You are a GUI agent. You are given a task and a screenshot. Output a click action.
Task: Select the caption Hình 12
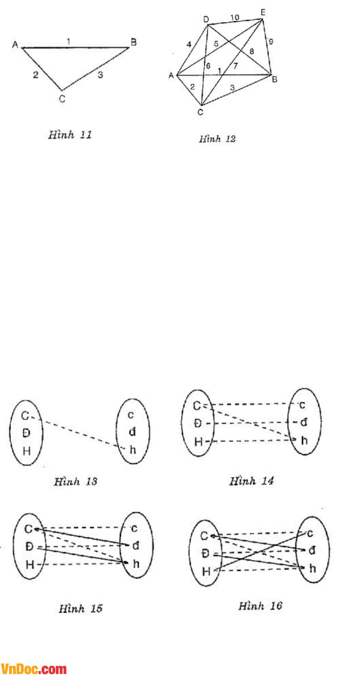(x=217, y=139)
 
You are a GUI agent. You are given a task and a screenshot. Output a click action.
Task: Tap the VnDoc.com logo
(x=34, y=669)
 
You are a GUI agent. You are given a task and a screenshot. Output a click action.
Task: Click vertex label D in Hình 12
(x=206, y=19)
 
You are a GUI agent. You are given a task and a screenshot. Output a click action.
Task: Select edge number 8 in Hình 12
(x=251, y=51)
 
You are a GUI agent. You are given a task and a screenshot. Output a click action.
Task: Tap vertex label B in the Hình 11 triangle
(x=134, y=42)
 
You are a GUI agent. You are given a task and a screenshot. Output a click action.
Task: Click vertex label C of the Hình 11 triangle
(x=62, y=98)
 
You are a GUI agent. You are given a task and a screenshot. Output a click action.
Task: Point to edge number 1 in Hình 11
(x=68, y=41)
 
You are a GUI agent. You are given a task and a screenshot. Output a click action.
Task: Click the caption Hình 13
(x=76, y=481)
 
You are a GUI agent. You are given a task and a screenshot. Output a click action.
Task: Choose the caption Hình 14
(x=252, y=481)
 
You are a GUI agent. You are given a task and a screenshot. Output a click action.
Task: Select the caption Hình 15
(x=80, y=608)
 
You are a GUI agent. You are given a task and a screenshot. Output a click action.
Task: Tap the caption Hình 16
(x=260, y=606)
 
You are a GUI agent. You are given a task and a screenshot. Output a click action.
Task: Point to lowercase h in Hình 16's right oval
(x=312, y=569)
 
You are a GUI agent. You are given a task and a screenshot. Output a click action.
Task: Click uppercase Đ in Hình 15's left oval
(x=30, y=546)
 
